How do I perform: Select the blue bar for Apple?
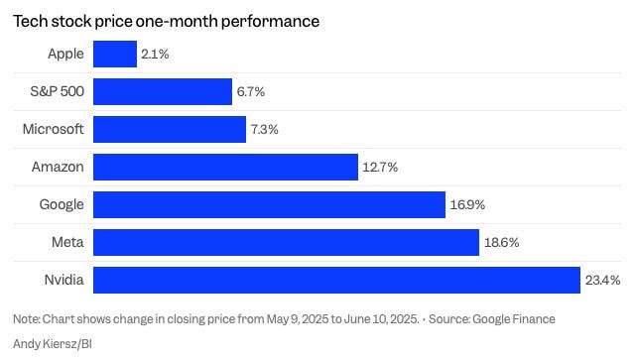(x=115, y=54)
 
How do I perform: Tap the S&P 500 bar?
(x=163, y=92)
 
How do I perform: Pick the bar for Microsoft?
(x=170, y=130)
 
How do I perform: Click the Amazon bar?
(x=225, y=168)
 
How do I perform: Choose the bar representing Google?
(x=269, y=205)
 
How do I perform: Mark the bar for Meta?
(x=286, y=243)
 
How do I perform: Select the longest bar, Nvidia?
(x=336, y=281)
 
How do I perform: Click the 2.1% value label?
(x=155, y=54)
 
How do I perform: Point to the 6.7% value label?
(x=250, y=92)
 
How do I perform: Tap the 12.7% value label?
(x=380, y=168)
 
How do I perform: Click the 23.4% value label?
(x=602, y=281)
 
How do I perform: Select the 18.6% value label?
(x=502, y=243)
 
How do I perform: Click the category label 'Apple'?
(x=65, y=54)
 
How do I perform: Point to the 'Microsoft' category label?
(x=54, y=130)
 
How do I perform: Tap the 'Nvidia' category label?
(x=64, y=281)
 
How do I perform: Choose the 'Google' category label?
(x=62, y=205)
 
